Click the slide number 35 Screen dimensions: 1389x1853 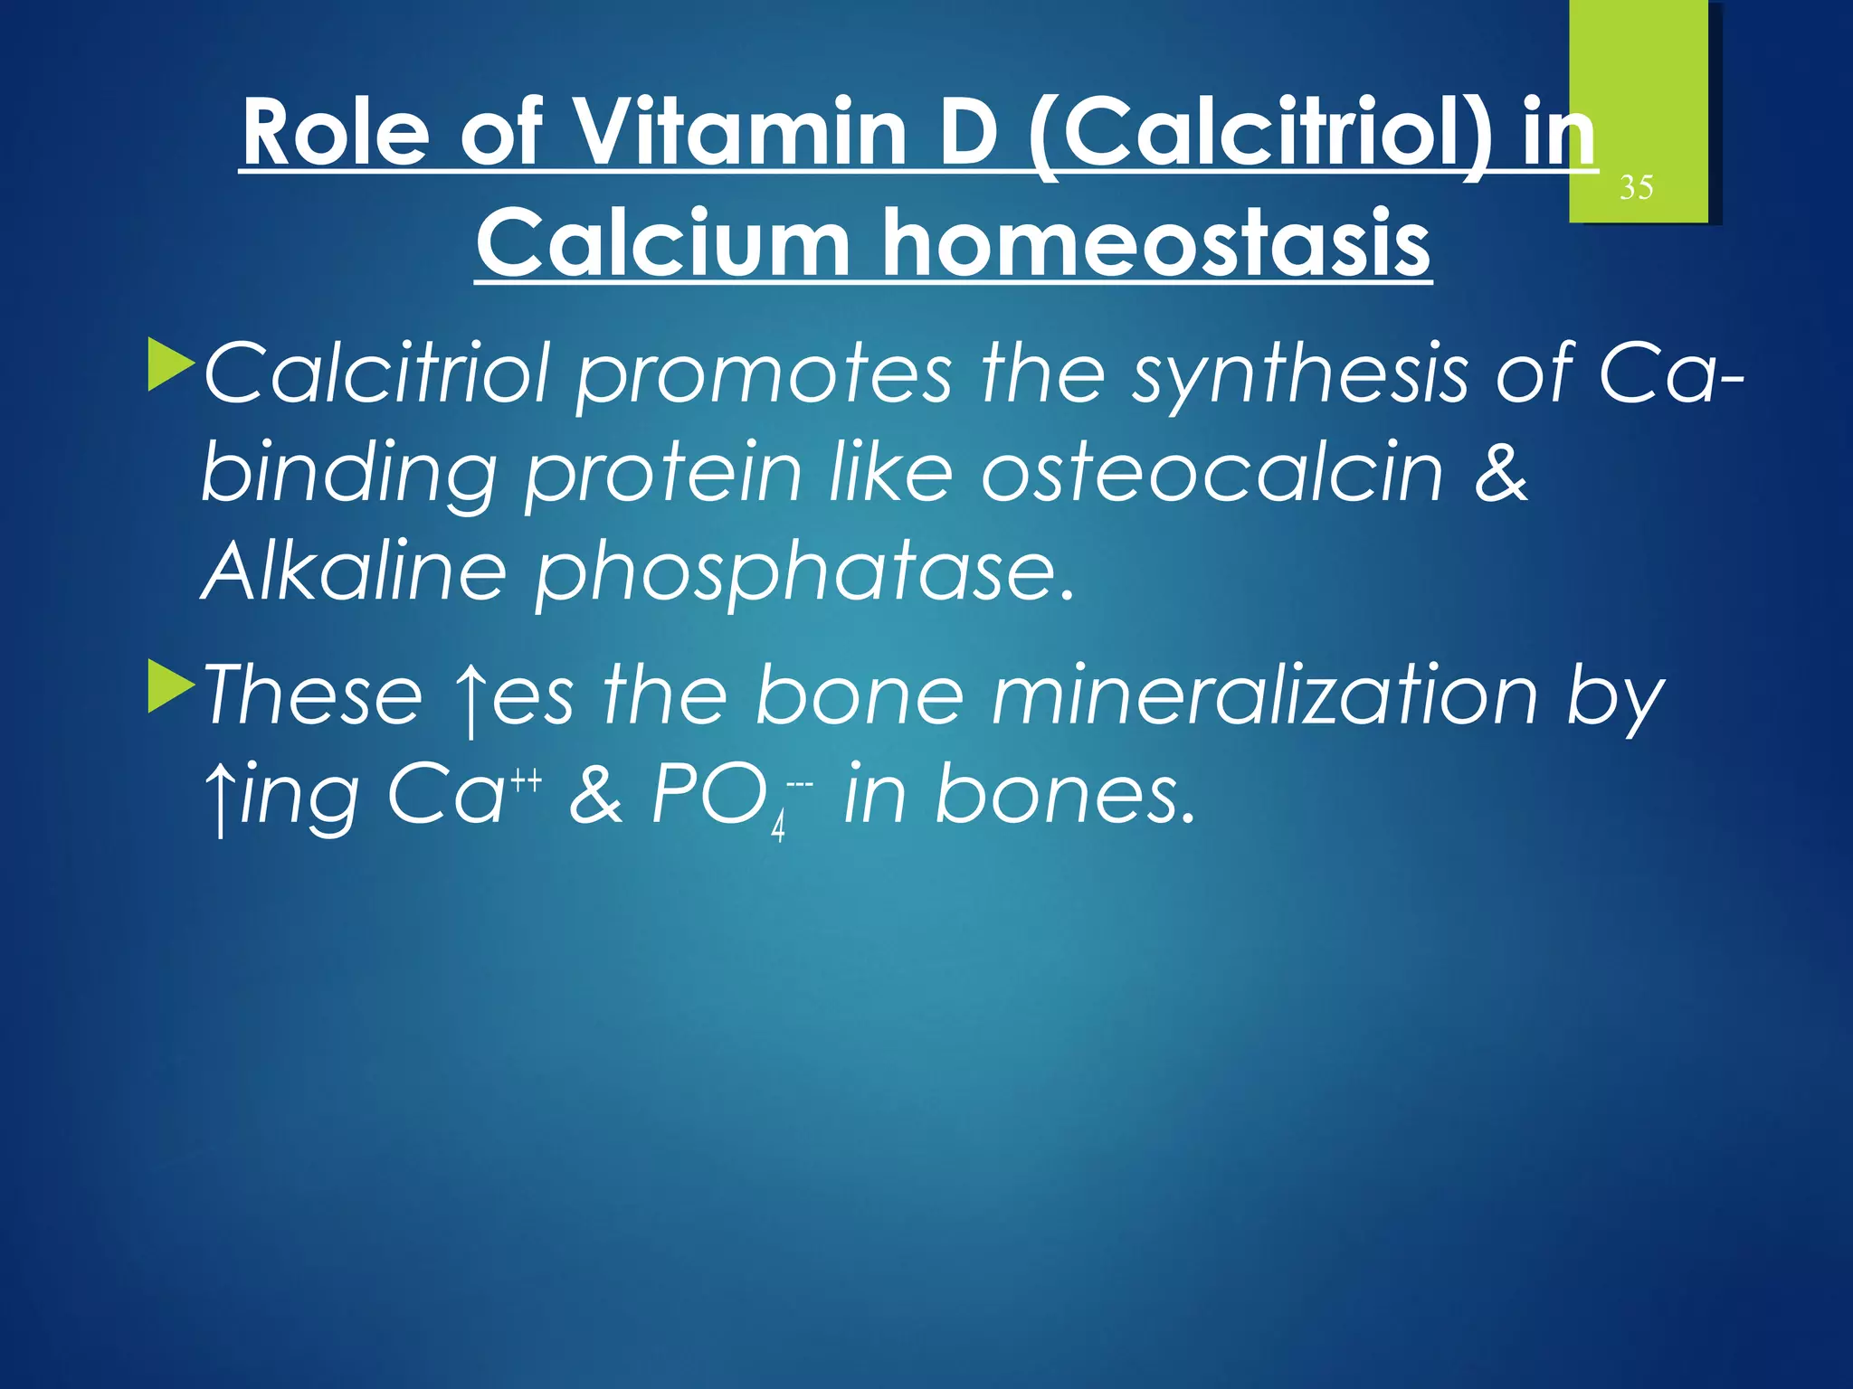coord(1636,188)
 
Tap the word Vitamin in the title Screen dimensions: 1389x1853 coord(740,134)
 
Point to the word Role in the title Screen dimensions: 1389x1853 coord(336,134)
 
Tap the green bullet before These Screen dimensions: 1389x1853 coord(171,685)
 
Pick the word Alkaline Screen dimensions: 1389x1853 coord(354,572)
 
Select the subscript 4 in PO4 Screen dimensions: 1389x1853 coord(777,828)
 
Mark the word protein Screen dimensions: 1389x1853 coord(663,474)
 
